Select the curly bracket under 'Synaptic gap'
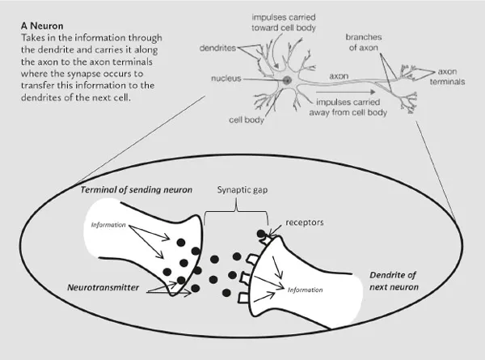pyautogui.click(x=234, y=211)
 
